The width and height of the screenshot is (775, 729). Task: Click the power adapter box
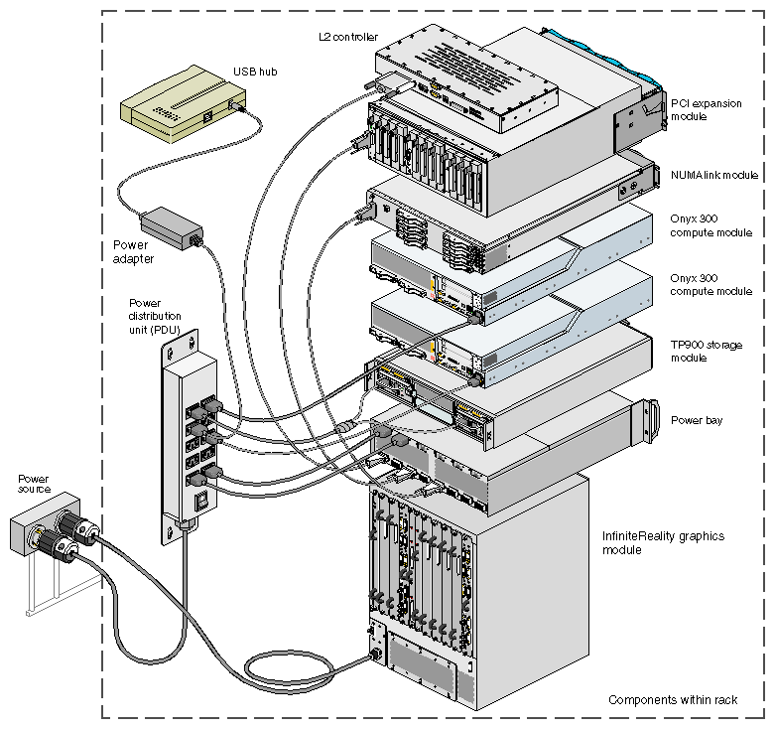(x=172, y=226)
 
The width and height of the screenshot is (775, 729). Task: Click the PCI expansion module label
(x=704, y=110)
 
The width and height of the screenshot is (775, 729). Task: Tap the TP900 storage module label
(x=707, y=351)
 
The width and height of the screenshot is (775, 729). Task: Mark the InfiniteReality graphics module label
(x=664, y=542)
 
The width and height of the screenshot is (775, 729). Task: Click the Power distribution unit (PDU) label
(x=160, y=315)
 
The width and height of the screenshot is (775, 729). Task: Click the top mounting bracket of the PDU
(x=182, y=344)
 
